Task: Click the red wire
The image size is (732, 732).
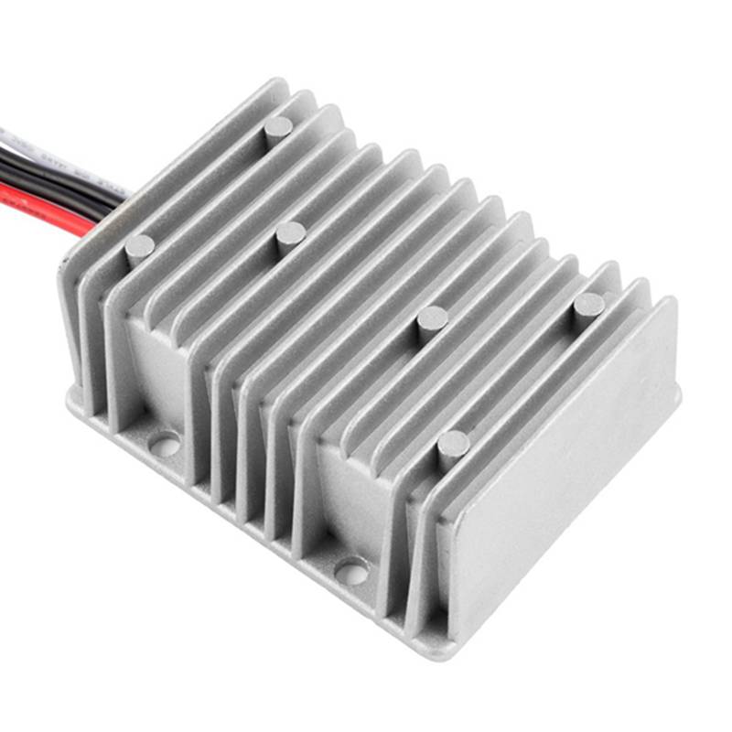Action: [37, 195]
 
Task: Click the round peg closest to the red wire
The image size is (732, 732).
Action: [140, 245]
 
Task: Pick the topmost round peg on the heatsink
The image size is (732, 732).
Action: [278, 126]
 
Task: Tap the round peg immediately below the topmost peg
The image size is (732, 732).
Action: [290, 233]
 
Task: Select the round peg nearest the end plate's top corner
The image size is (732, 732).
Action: [588, 305]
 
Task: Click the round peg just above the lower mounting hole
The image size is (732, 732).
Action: [453, 445]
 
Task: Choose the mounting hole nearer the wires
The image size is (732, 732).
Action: [165, 446]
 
